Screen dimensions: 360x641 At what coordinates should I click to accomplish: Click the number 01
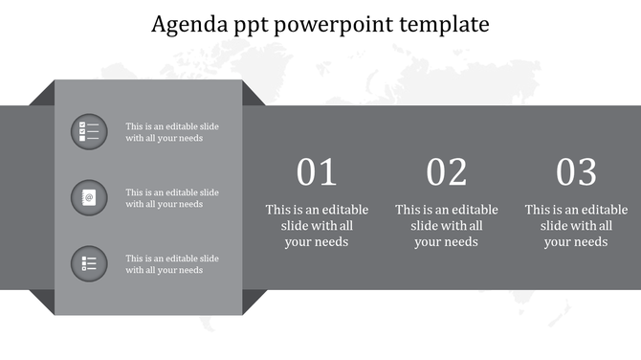click(x=317, y=172)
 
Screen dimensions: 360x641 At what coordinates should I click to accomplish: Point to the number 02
click(x=447, y=172)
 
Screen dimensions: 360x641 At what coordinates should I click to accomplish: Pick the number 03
click(x=577, y=172)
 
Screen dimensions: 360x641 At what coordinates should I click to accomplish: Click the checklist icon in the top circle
click(x=89, y=131)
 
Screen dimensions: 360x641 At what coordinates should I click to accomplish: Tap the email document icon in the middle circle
click(x=89, y=197)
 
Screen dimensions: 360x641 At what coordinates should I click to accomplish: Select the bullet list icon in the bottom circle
click(x=89, y=263)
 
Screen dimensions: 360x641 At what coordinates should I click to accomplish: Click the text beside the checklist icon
click(x=172, y=132)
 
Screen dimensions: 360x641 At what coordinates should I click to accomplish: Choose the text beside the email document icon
click(x=172, y=198)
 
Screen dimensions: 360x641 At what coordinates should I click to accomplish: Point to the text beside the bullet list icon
click(x=172, y=264)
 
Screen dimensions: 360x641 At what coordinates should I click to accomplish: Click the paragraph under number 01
click(x=317, y=226)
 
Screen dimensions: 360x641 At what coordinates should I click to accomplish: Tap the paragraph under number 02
click(x=447, y=226)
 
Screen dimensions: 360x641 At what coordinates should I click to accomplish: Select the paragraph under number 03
click(x=577, y=226)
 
